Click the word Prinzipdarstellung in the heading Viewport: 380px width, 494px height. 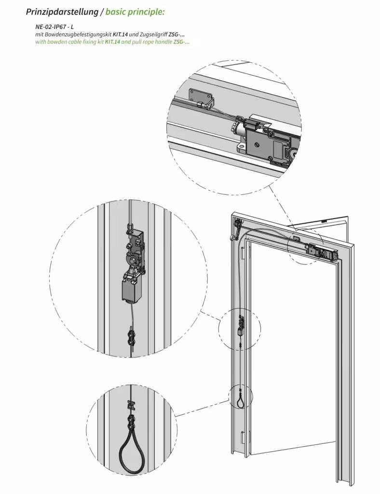point(62,12)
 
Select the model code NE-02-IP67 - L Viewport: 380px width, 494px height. point(54,27)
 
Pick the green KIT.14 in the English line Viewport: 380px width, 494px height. point(113,41)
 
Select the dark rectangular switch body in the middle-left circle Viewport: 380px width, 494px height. point(129,290)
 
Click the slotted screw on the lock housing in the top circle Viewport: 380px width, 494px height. point(257,146)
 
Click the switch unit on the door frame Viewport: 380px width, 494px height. point(241,327)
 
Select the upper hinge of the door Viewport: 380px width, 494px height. point(243,252)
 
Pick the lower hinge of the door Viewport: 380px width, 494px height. point(242,438)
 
